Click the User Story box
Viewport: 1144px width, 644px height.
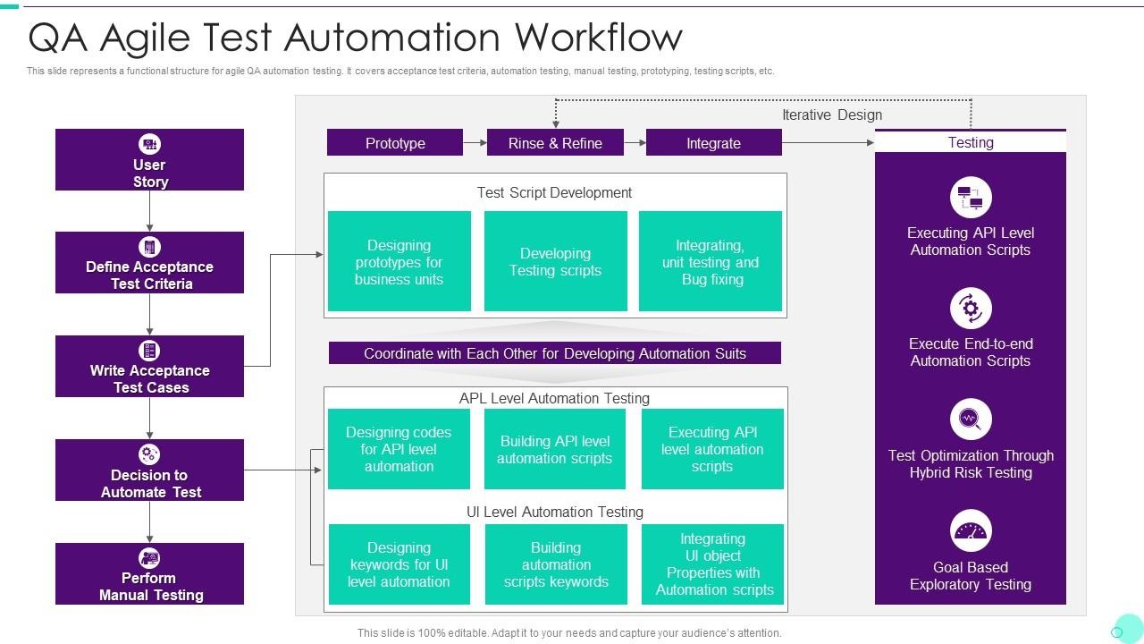tap(149, 160)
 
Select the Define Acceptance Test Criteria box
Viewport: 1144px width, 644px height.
tap(149, 263)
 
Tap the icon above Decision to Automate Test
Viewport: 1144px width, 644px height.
tap(149, 454)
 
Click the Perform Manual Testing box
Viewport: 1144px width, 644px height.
tap(149, 574)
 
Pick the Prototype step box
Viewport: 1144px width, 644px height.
tap(395, 143)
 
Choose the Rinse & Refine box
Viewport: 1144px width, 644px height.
tap(555, 143)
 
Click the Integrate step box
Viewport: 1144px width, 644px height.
tap(713, 143)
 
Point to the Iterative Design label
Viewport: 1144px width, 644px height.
tap(831, 114)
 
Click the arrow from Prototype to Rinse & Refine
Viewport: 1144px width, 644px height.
tap(475, 142)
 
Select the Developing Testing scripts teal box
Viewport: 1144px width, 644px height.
tap(555, 261)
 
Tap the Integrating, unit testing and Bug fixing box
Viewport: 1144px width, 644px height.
tap(711, 261)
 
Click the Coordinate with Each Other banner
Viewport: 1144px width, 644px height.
tap(555, 353)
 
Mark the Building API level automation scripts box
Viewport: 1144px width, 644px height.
tap(555, 449)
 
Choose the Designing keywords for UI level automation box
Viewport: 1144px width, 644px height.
tap(399, 564)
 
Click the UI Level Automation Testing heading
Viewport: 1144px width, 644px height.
tap(555, 512)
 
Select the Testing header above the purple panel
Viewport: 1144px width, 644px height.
tap(971, 142)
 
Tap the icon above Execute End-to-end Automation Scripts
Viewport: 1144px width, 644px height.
tap(971, 309)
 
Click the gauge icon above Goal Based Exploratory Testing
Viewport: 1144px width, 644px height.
tap(971, 531)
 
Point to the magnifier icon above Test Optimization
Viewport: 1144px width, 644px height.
tap(971, 419)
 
